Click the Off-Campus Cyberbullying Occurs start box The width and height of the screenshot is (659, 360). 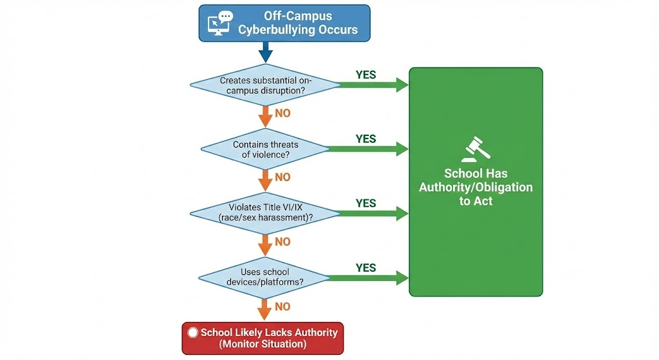click(284, 23)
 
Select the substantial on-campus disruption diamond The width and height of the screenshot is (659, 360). click(265, 86)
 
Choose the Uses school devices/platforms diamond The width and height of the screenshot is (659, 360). click(264, 278)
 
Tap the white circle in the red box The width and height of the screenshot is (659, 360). click(192, 333)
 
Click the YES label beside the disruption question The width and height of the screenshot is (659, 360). click(366, 75)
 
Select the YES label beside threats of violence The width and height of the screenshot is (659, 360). click(366, 139)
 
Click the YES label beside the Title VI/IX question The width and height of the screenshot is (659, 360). click(366, 203)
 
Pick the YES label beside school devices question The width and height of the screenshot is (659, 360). click(366, 267)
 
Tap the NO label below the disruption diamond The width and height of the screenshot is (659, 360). click(283, 113)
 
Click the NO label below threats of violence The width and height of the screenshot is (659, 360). click(283, 177)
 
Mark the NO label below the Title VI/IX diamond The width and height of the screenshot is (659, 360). click(283, 242)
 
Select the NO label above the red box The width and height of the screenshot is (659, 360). click(283, 307)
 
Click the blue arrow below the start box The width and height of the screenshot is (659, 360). click(265, 51)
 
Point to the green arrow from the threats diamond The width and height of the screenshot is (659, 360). click(367, 149)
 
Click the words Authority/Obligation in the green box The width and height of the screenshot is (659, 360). click(476, 187)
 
